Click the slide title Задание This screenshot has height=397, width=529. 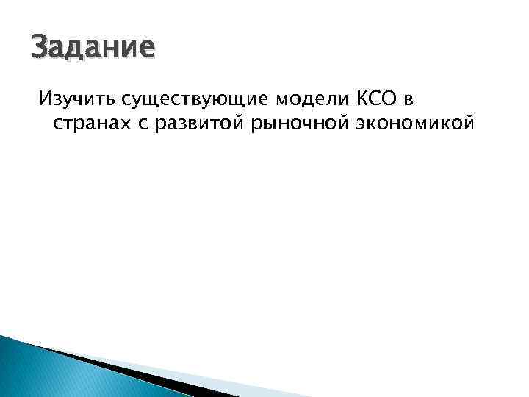click(93, 48)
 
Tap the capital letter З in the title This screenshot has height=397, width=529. click(40, 48)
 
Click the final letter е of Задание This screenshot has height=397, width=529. click(148, 49)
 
